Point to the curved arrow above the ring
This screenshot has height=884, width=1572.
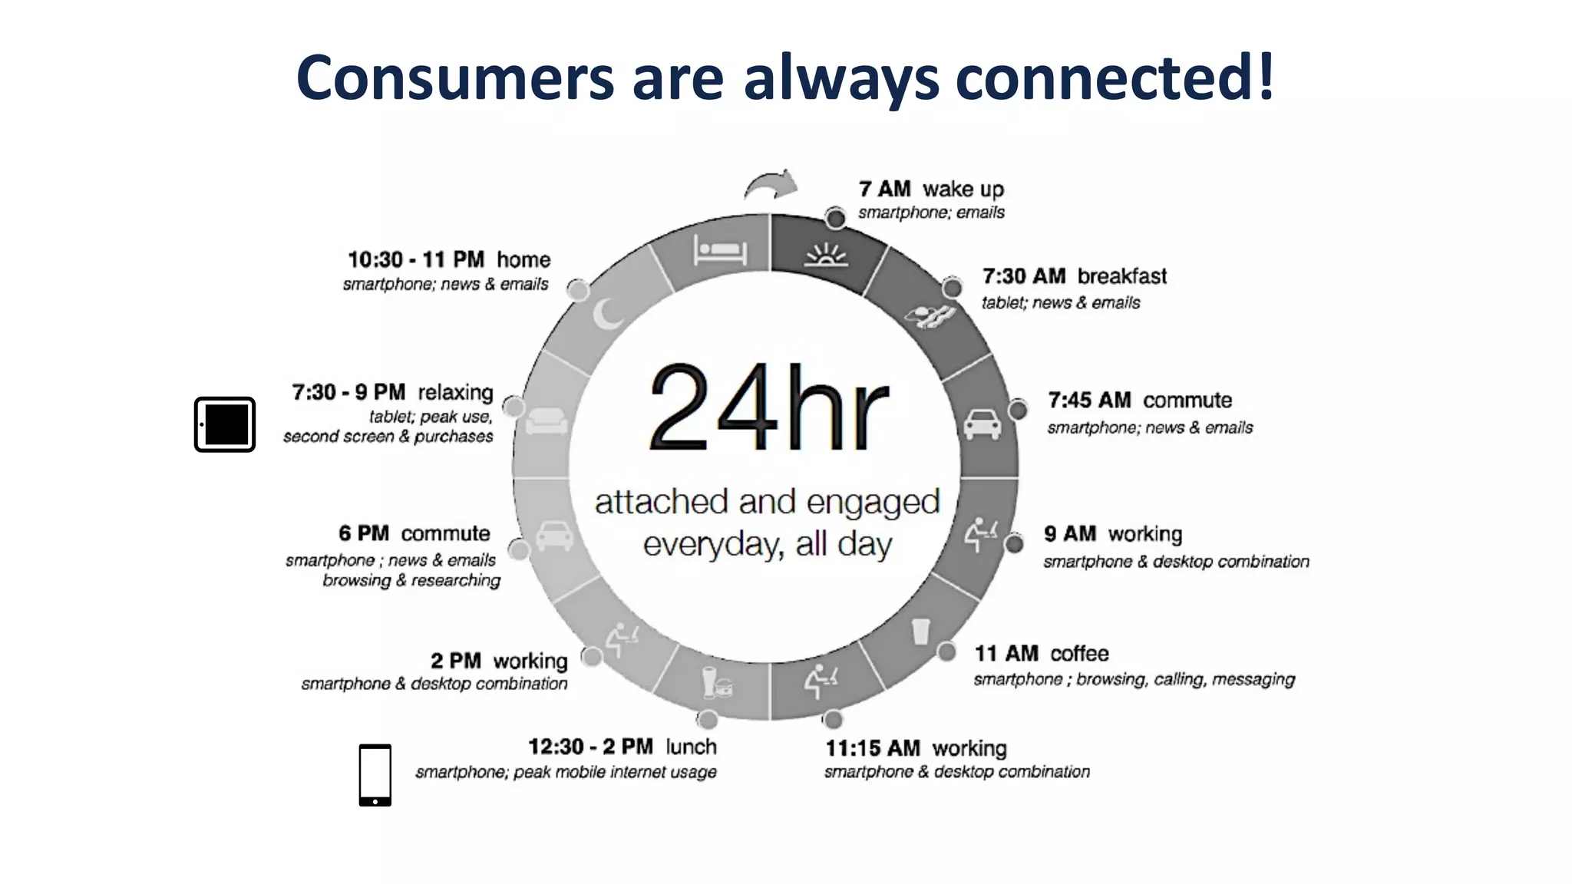click(x=771, y=185)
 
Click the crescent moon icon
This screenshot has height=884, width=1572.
click(x=608, y=314)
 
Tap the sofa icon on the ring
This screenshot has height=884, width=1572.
click(x=547, y=421)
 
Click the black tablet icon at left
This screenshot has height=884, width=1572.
click(x=224, y=424)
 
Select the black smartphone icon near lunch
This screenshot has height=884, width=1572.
click(x=375, y=775)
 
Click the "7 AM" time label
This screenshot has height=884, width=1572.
click(x=884, y=189)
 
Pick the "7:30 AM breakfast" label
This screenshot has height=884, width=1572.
click(x=1074, y=276)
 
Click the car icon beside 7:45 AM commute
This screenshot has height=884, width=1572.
click(x=982, y=424)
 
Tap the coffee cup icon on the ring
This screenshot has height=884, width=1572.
click(x=920, y=632)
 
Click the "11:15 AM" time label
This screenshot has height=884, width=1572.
click(x=872, y=748)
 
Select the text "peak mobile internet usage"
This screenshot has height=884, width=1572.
click(x=615, y=772)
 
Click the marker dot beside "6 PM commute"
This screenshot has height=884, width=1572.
click(x=519, y=549)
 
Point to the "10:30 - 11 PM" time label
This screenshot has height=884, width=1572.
click(x=415, y=259)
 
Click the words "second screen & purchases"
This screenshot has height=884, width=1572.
click(x=388, y=437)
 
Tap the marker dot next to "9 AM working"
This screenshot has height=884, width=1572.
click(x=1014, y=544)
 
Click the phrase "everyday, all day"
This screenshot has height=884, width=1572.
click(x=768, y=544)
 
